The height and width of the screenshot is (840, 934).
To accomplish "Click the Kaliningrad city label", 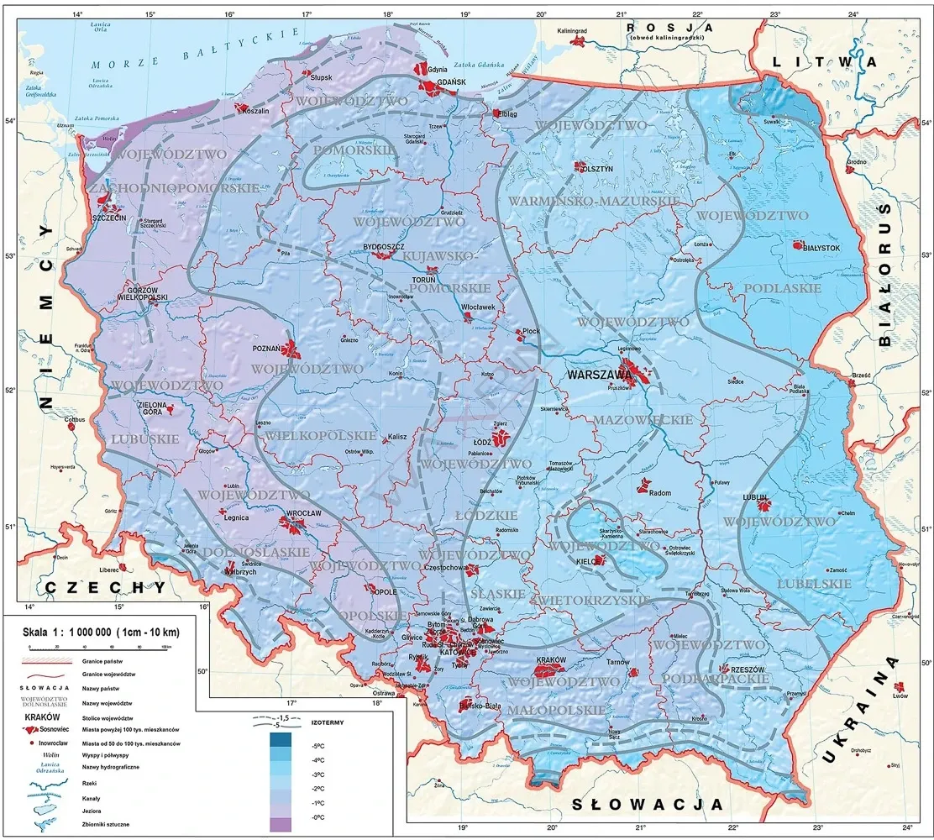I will pyautogui.click(x=576, y=30).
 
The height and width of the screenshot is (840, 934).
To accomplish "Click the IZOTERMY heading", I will pyautogui.click(x=328, y=722).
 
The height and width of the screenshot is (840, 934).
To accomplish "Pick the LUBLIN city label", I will pyautogui.click(x=755, y=497).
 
